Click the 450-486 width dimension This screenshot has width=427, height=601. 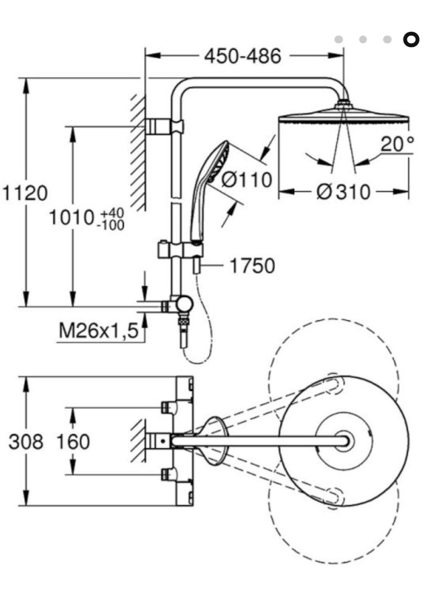(243, 56)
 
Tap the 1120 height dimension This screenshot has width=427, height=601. (25, 193)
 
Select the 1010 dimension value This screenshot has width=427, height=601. (71, 218)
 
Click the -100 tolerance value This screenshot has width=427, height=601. (111, 225)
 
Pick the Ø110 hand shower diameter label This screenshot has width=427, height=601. (246, 179)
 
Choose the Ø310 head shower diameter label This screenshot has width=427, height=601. (344, 192)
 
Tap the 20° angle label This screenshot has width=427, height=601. (397, 144)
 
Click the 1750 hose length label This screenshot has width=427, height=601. (252, 266)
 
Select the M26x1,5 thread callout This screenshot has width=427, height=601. (99, 330)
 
